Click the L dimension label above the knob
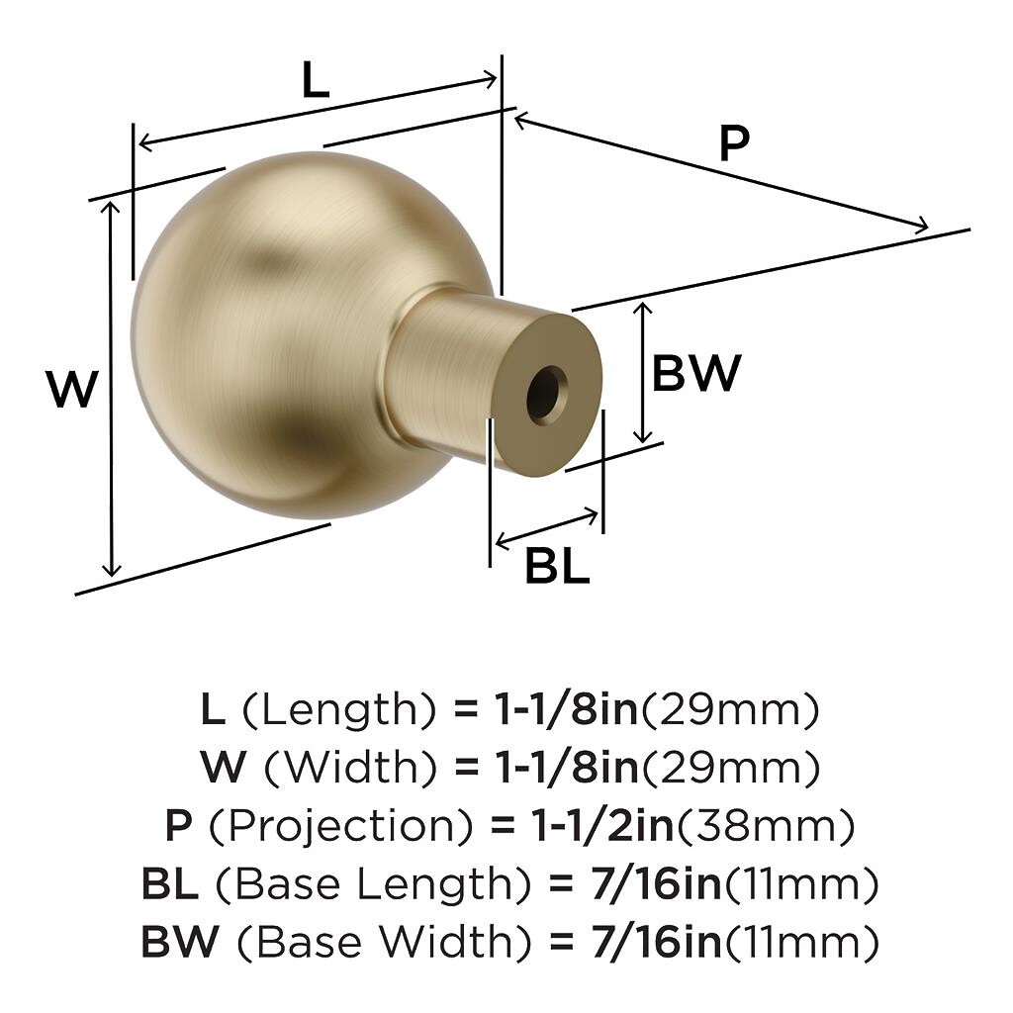(x=316, y=81)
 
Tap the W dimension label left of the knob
(x=72, y=389)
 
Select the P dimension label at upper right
(x=735, y=143)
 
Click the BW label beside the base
(x=696, y=373)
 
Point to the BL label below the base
(x=558, y=566)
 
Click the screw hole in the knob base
(x=546, y=395)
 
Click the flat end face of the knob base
(x=546, y=395)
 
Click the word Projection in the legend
(x=340, y=825)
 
